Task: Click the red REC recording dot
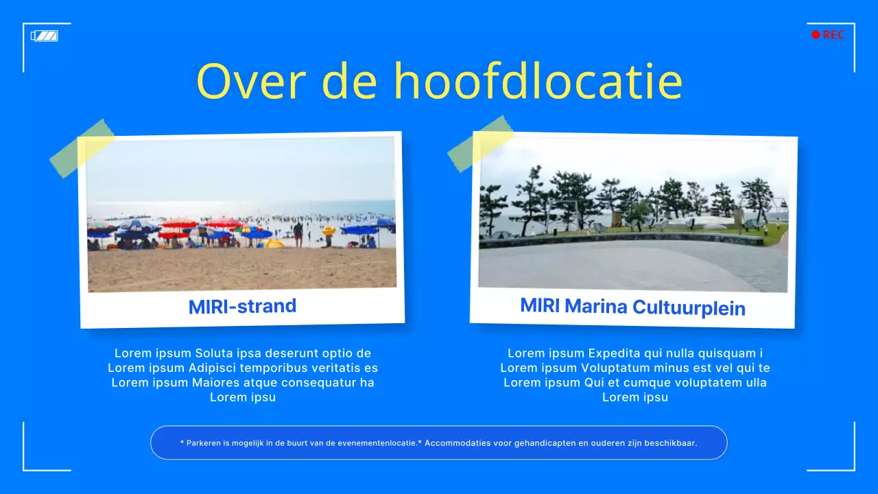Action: tap(816, 35)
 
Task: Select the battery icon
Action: tap(45, 36)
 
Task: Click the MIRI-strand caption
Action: tap(242, 306)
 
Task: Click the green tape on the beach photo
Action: tap(82, 148)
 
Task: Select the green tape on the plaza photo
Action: tap(480, 143)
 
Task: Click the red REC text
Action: tap(833, 35)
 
